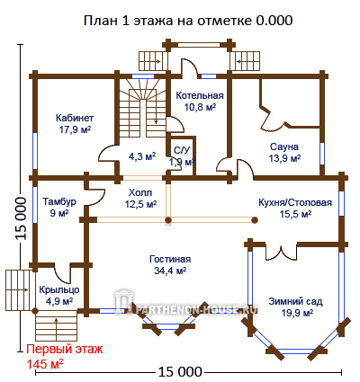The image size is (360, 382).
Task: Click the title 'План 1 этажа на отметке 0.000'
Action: (188, 21)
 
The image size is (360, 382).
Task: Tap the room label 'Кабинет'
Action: (75, 118)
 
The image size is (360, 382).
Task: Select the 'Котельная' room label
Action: (200, 95)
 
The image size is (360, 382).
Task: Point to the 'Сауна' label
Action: (284, 147)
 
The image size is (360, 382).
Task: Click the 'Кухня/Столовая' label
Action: (295, 202)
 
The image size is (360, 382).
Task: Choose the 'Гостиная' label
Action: (170, 259)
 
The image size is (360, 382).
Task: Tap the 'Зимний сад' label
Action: (295, 301)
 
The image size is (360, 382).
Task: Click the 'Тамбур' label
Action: (59, 201)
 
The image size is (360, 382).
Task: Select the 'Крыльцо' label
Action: (59, 289)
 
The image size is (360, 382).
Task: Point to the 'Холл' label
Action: (140, 192)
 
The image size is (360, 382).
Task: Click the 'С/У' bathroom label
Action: (182, 150)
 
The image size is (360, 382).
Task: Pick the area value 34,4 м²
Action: (170, 271)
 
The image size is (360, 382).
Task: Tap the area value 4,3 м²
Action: (142, 156)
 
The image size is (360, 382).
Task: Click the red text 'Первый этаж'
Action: (65, 349)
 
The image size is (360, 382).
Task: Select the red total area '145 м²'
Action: (45, 364)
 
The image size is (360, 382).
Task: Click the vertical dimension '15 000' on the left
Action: (21, 218)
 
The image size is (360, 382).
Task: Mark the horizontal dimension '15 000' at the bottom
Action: (180, 372)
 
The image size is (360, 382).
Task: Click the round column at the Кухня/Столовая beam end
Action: (255, 220)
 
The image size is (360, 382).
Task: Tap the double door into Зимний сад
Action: (281, 253)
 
